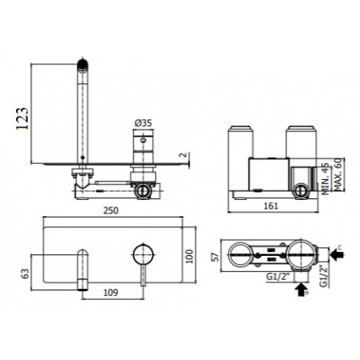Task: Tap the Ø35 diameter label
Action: click(143, 122)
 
